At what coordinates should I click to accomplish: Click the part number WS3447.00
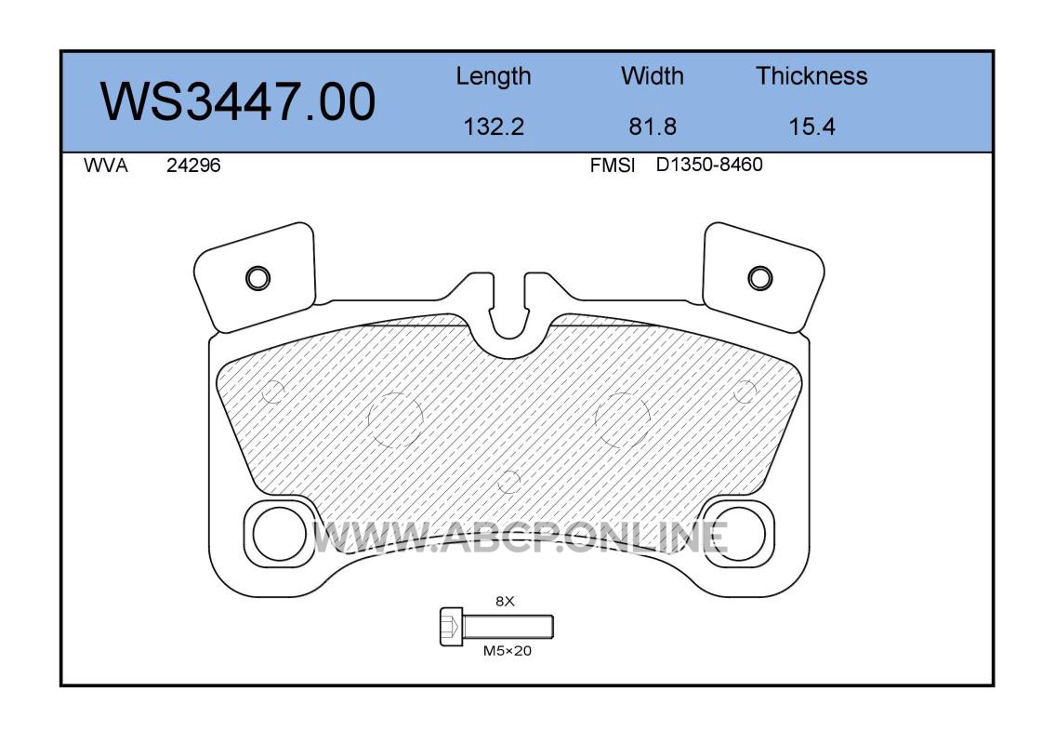coord(238,101)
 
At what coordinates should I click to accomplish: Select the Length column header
coord(494,77)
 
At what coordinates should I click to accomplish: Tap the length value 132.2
coord(494,126)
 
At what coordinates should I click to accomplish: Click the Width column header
coord(652,76)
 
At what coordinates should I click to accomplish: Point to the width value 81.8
coord(652,126)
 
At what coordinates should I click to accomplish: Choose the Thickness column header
coord(811,76)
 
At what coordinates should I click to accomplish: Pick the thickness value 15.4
coord(811,126)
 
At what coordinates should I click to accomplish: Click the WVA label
coord(106,166)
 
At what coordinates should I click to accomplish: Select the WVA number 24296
coord(193,166)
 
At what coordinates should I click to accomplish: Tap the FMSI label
coord(612,166)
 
